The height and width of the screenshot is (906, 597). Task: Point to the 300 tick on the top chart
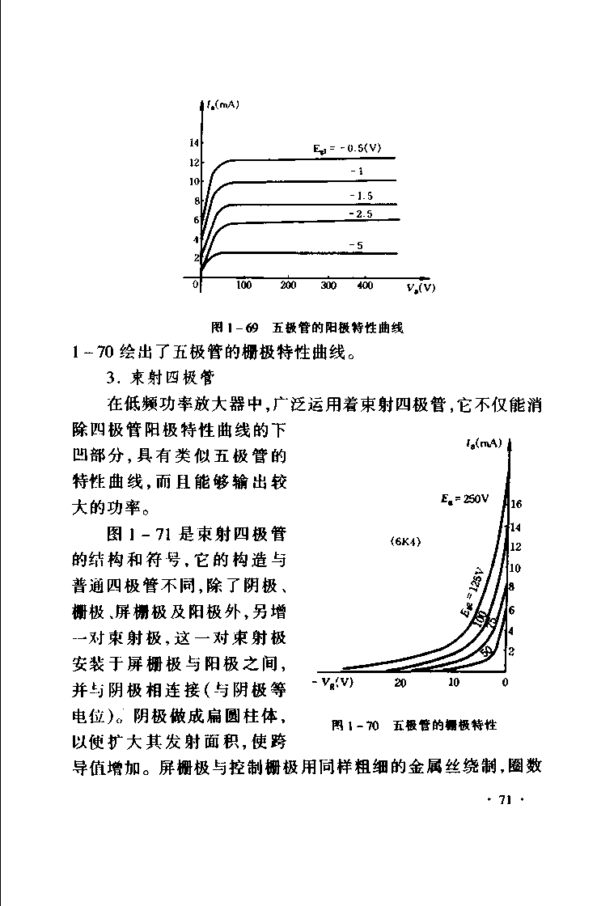328,285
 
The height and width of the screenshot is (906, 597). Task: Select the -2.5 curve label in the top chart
361,214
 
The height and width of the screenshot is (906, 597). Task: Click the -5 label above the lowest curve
356,244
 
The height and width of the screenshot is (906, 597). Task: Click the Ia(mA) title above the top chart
221,104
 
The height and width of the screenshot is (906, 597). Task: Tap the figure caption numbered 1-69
306,328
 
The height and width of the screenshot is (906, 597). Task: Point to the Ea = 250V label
465,498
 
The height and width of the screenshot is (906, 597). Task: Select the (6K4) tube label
405,540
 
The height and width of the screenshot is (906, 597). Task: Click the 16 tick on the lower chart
516,505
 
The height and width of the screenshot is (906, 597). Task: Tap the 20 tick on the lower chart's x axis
400,683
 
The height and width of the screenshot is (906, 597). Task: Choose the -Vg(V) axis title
332,681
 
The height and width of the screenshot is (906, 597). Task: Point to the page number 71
506,800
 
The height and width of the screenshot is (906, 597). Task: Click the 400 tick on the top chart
365,285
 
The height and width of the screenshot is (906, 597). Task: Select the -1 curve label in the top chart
356,171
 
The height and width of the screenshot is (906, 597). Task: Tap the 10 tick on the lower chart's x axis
454,683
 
